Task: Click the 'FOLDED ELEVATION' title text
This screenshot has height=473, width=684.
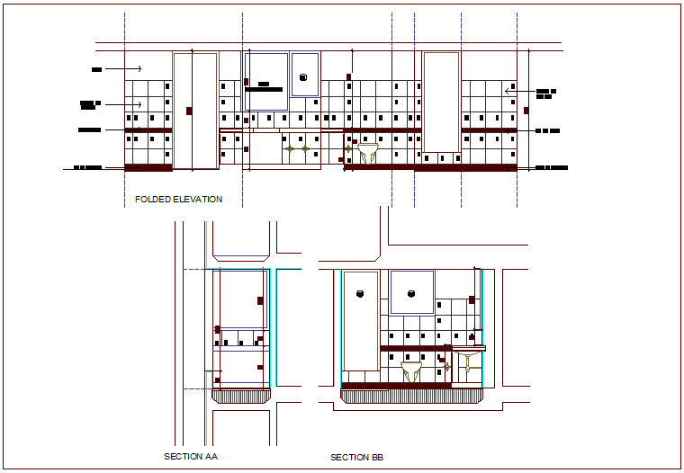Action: click(178, 199)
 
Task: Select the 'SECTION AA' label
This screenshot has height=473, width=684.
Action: click(191, 457)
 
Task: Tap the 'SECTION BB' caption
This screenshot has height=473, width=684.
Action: click(356, 458)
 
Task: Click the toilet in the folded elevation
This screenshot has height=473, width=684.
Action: click(367, 154)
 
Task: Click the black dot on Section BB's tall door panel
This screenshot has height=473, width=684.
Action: click(360, 293)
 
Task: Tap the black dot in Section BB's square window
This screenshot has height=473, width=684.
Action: click(412, 293)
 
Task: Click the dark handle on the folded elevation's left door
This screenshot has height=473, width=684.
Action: click(189, 112)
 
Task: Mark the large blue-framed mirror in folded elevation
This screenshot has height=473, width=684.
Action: click(266, 82)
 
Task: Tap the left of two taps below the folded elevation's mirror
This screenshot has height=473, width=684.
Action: click(290, 148)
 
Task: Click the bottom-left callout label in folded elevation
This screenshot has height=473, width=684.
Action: click(87, 167)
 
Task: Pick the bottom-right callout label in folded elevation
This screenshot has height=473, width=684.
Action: click(552, 167)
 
